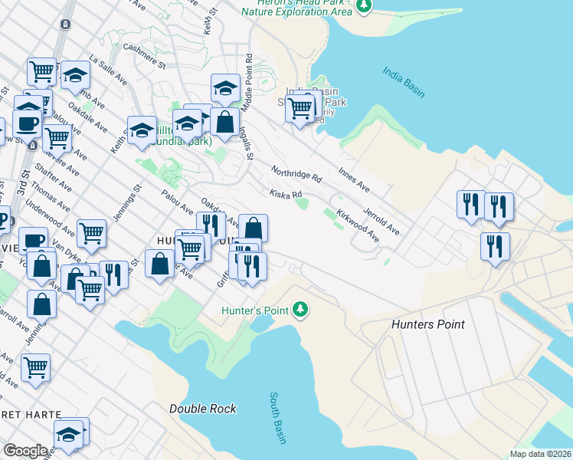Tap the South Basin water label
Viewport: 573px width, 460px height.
click(x=277, y=419)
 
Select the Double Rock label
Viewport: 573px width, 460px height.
click(x=203, y=409)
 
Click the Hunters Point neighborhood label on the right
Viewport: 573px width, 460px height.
click(x=428, y=324)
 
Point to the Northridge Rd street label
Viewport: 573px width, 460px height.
click(x=296, y=173)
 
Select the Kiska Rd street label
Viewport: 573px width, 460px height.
click(x=285, y=194)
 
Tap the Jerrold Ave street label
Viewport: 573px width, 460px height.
click(x=381, y=219)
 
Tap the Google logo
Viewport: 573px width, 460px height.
click(x=25, y=451)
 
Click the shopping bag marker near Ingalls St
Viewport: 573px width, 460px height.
click(x=225, y=122)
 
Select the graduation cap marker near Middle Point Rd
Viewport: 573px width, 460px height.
click(x=226, y=87)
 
